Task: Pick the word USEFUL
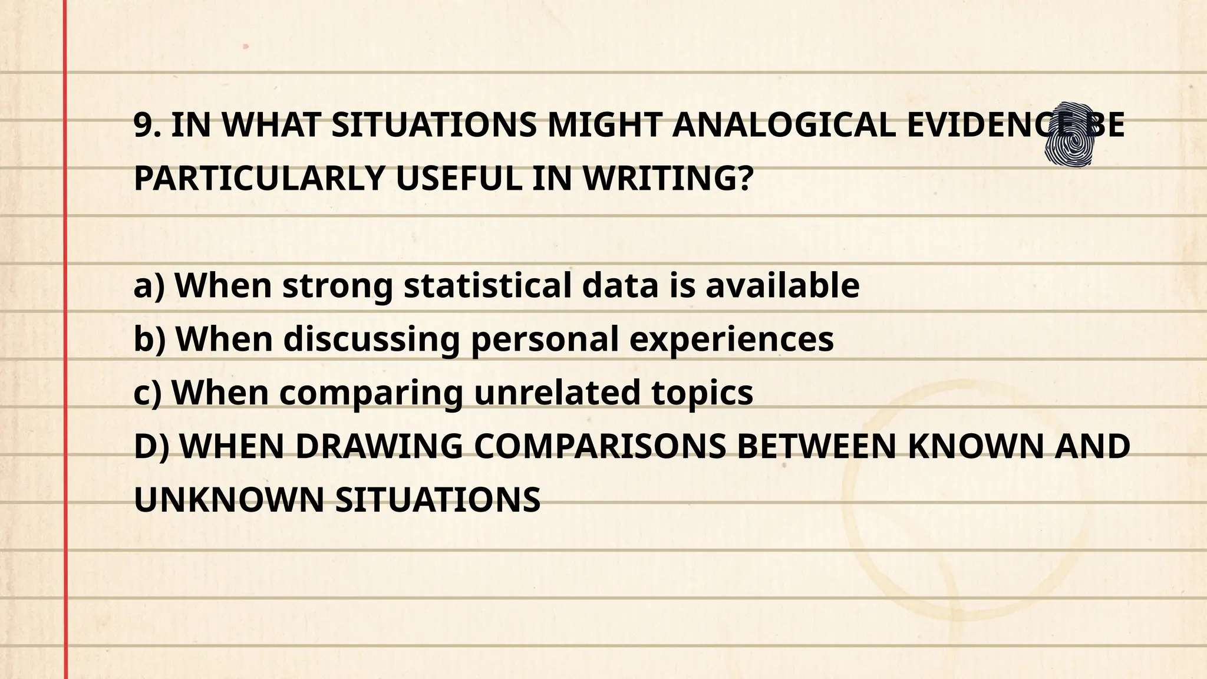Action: [459, 179]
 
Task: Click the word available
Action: [782, 286]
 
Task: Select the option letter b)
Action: [150, 339]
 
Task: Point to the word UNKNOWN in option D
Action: [229, 500]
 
